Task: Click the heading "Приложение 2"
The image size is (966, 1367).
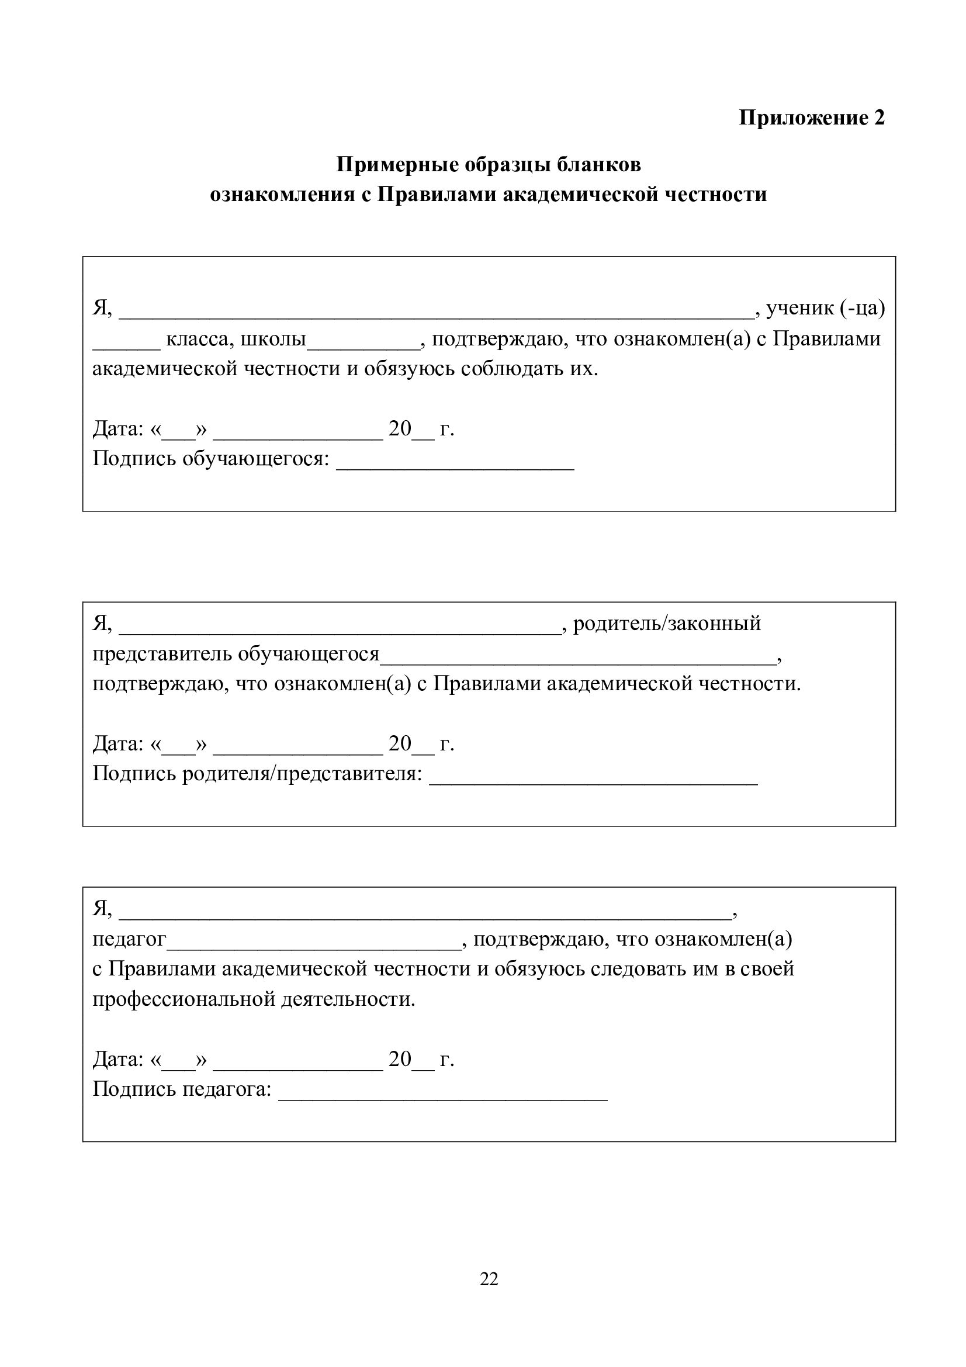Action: (x=811, y=118)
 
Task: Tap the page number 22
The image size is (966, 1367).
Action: (x=489, y=1278)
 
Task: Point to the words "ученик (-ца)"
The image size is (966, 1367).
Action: (x=825, y=309)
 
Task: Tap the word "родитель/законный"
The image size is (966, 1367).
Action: (x=667, y=624)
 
